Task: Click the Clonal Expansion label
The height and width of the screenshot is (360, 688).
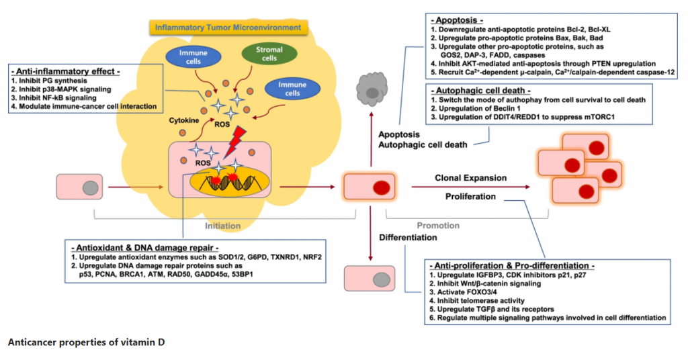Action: pos(470,178)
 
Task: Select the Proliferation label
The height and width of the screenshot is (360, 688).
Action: pos(470,197)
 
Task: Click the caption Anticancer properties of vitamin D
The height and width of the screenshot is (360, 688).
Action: pos(86,343)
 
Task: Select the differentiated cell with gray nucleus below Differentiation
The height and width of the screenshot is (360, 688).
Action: pos(364,277)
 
